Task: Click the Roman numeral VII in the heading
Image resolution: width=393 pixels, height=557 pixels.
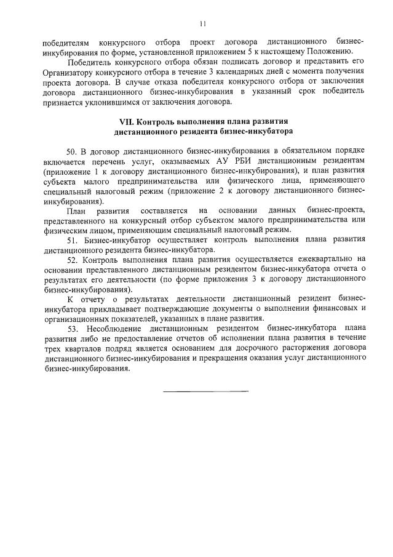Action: click(x=126, y=121)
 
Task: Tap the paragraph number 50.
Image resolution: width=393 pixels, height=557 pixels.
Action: click(x=71, y=150)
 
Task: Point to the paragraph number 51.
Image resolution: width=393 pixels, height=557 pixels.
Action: click(x=71, y=240)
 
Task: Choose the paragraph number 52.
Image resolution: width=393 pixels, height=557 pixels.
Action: click(x=71, y=260)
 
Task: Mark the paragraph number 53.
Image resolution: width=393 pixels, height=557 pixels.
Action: click(x=71, y=329)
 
